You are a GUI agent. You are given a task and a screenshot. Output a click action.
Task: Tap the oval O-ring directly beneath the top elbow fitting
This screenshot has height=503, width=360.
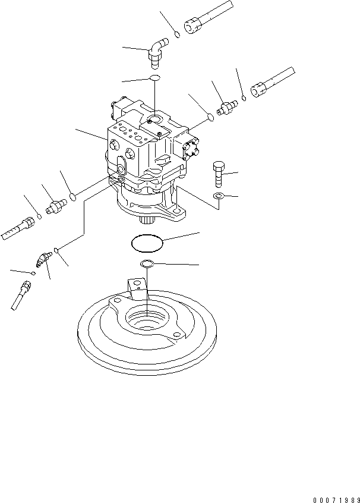point(154,79)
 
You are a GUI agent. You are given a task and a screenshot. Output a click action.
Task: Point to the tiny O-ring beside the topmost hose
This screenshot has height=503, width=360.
point(178,35)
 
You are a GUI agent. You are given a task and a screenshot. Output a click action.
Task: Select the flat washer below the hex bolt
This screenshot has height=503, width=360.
point(218,196)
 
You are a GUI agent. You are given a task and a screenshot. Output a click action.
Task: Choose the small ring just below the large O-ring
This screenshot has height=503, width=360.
point(147,263)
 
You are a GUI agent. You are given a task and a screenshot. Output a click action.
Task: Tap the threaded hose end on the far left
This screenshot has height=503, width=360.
point(18,228)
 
